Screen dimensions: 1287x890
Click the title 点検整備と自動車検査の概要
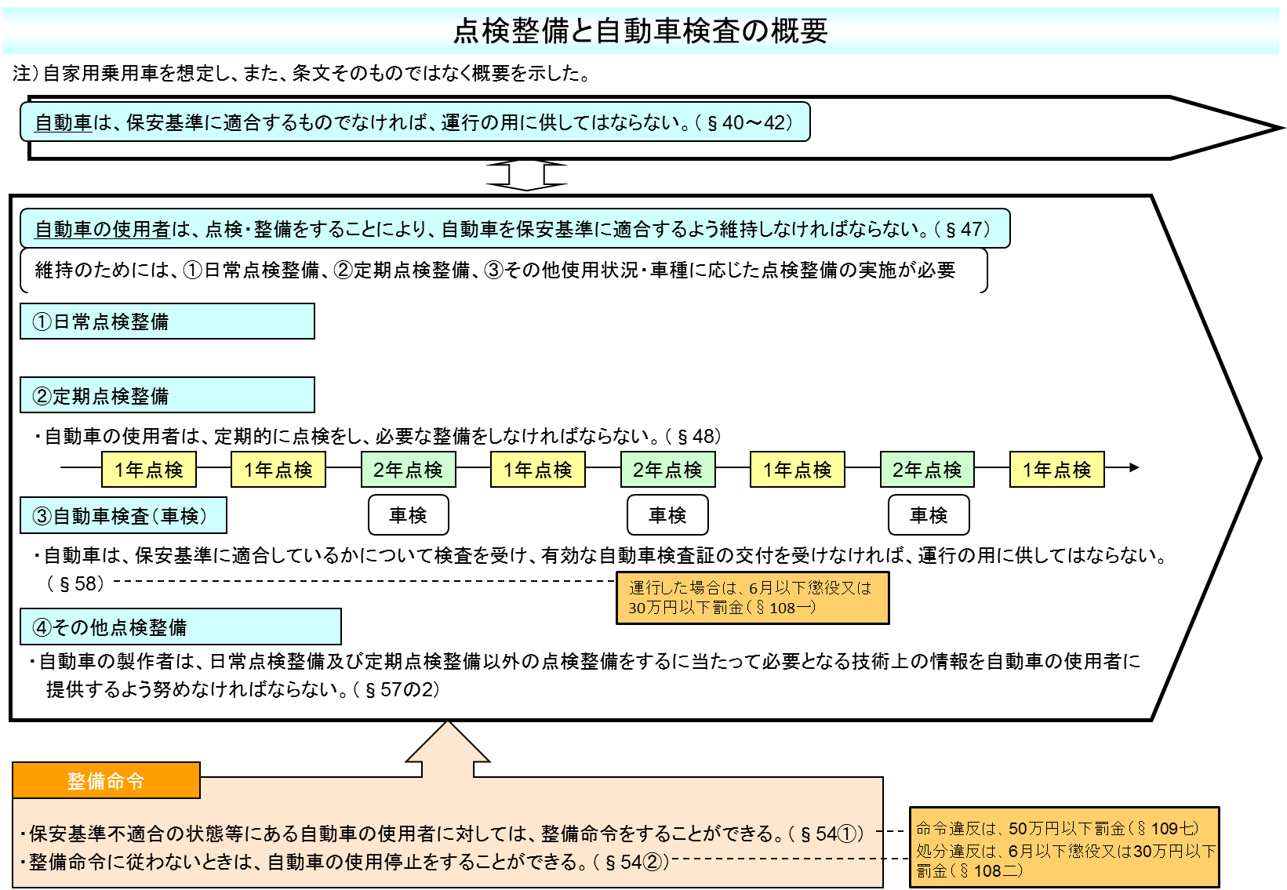pos(640,31)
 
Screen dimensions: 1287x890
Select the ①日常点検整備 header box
pos(167,321)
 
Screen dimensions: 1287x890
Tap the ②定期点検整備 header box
pos(167,394)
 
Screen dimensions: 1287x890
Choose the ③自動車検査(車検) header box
pos(124,515)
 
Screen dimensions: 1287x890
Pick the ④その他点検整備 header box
pos(180,627)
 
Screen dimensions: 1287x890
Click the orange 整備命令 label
pos(107,780)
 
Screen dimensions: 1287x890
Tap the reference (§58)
pos(75,583)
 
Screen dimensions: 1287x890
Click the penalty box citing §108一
pos(753,598)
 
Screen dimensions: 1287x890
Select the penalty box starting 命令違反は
pos(1064,847)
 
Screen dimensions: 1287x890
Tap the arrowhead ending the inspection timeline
pos(1134,467)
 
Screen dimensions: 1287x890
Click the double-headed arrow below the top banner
pos(526,175)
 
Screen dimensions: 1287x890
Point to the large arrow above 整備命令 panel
pos(448,749)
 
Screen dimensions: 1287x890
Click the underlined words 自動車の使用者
pos(102,229)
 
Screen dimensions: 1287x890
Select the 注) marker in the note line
pos(25,73)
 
